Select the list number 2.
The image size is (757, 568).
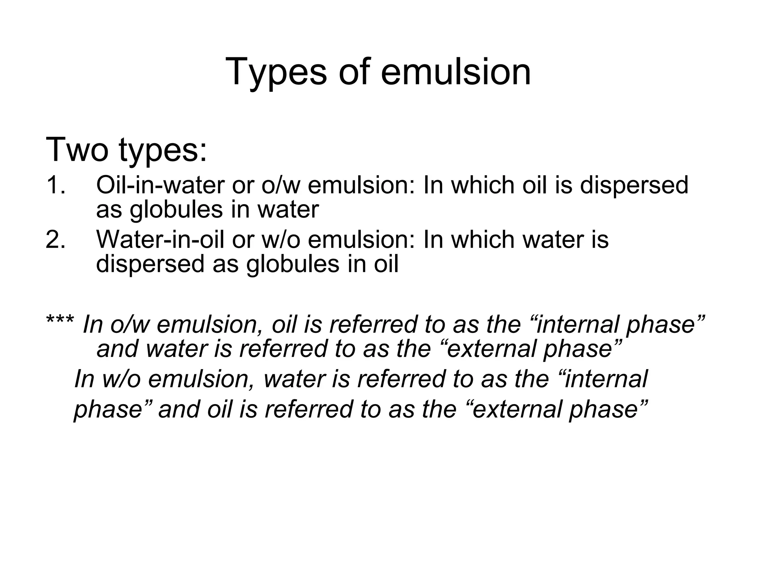(x=56, y=239)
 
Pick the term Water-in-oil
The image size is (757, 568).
(x=160, y=239)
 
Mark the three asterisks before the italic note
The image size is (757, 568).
(x=60, y=320)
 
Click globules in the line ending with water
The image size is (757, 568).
(x=176, y=210)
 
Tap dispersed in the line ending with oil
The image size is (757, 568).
(x=150, y=264)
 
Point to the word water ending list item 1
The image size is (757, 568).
(x=288, y=210)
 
